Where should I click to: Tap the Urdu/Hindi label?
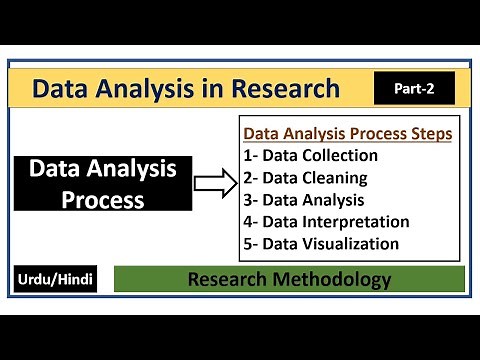tap(57, 279)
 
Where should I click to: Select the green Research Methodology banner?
tap(290, 279)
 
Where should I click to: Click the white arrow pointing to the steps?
tap(213, 184)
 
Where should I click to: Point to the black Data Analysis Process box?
tap(103, 185)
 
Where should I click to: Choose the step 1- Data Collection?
tap(311, 155)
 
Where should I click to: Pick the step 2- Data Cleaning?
tap(306, 177)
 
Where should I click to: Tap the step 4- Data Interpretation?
tap(327, 221)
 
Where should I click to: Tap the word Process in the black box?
tap(103, 199)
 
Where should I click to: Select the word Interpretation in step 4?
tap(358, 221)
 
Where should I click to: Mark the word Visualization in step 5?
tap(353, 243)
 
